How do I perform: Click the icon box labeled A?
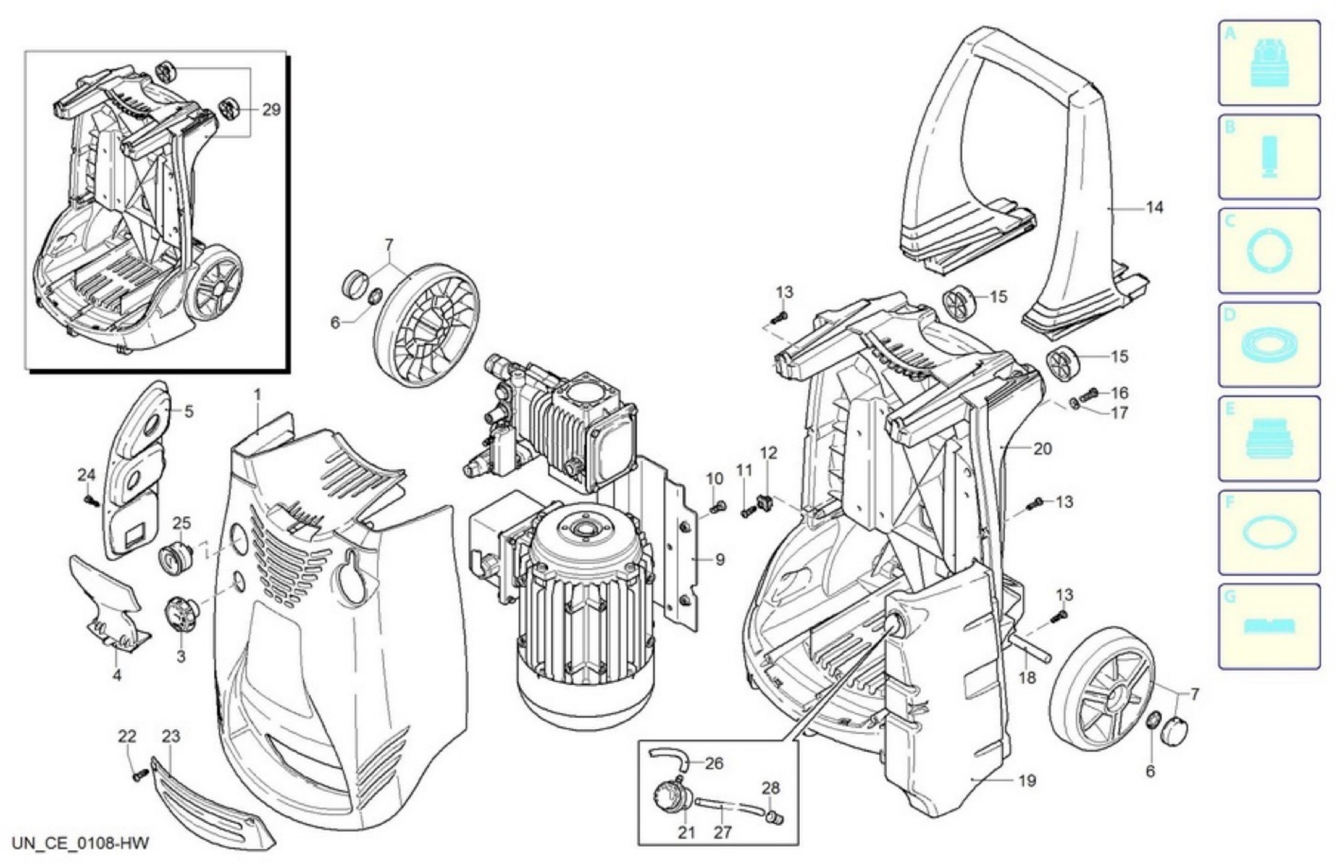(x=1269, y=63)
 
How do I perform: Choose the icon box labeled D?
(x=1269, y=344)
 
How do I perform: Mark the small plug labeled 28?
(x=775, y=818)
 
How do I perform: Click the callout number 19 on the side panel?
(x=1027, y=781)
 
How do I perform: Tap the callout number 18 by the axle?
(x=1027, y=678)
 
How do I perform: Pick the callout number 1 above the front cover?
(x=257, y=395)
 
